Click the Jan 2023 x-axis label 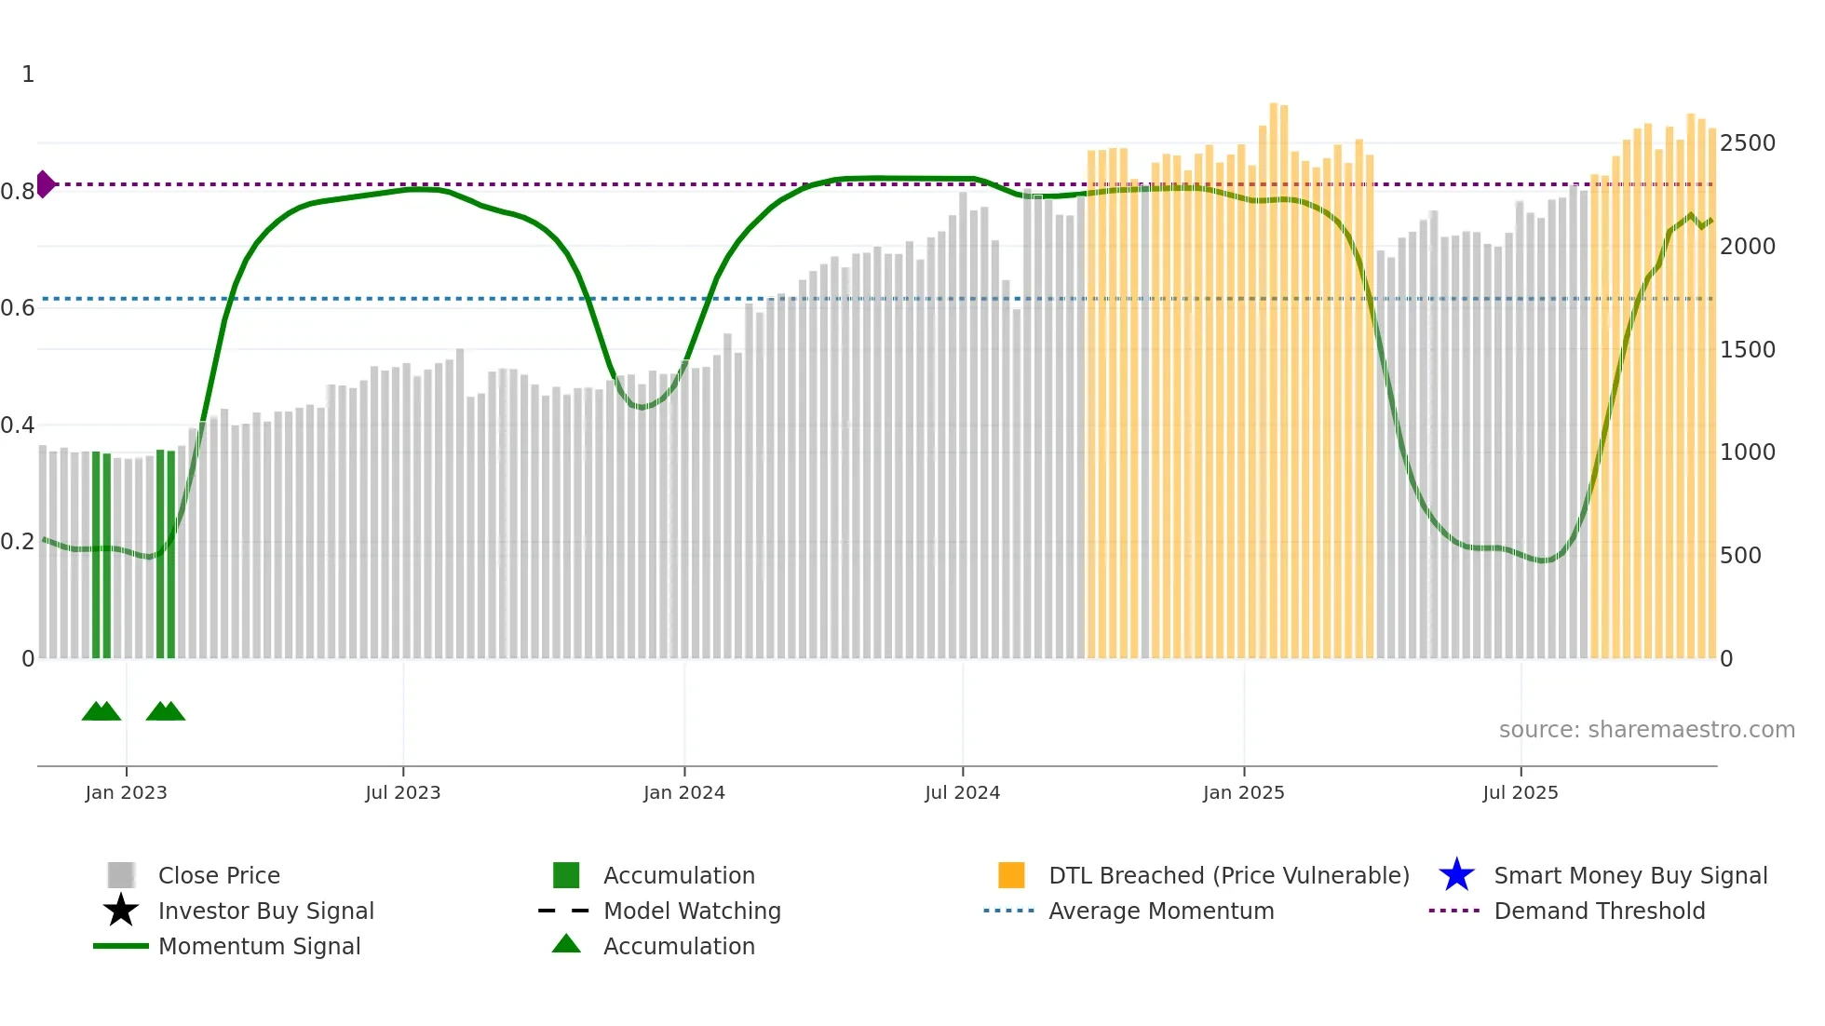(126, 793)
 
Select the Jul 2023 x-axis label (402, 793)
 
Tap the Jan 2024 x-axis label (683, 793)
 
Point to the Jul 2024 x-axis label (962, 793)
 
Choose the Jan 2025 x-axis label (1243, 793)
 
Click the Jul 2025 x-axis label (1520, 793)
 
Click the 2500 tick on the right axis (1747, 143)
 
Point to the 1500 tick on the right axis (1747, 350)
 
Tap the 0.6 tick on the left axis (18, 308)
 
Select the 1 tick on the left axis (28, 74)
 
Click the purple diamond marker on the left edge (45, 184)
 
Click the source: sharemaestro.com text (1646, 730)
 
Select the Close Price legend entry (219, 876)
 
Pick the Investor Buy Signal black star (121, 911)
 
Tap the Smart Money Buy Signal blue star (1456, 875)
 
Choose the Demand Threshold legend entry (1599, 911)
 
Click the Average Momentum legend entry (1160, 911)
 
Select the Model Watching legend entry (691, 911)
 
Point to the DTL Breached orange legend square (1011, 875)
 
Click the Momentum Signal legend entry (259, 947)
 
